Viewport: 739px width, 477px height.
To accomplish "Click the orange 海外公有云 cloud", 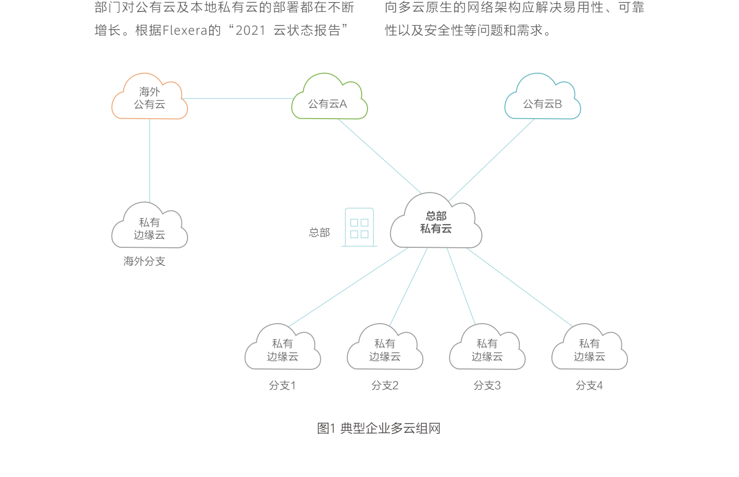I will click(149, 99).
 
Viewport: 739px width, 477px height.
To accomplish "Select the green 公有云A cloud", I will click(329, 99).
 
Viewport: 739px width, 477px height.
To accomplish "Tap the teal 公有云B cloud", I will click(542, 99).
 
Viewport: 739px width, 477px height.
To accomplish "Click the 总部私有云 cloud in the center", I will click(436, 223).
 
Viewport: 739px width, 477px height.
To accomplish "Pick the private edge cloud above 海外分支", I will click(149, 228).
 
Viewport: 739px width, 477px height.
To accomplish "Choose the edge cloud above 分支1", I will click(283, 349).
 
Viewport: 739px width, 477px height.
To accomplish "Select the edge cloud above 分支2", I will click(385, 349).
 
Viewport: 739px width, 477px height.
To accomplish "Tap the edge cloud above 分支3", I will click(487, 349).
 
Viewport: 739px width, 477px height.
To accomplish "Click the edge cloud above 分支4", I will click(589, 349).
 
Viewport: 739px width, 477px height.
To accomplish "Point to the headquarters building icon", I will click(359, 227).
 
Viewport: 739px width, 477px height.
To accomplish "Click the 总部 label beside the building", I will click(319, 233).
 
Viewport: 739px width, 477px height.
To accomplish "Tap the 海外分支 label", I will click(144, 261).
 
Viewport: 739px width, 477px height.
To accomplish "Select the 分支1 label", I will click(283, 386).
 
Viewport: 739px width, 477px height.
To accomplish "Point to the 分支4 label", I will click(589, 386).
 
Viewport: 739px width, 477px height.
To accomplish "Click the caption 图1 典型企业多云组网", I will click(379, 428).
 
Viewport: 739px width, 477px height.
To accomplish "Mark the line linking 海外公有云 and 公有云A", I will click(236, 99).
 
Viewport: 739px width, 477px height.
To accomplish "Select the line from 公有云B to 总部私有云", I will click(492, 160).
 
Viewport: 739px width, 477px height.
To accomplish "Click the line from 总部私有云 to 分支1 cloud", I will click(349, 287).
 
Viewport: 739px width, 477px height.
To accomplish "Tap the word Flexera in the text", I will click(185, 31).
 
